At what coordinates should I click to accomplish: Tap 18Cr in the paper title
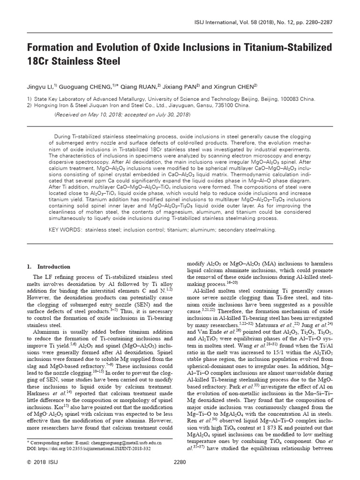pyautogui.click(x=40, y=62)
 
